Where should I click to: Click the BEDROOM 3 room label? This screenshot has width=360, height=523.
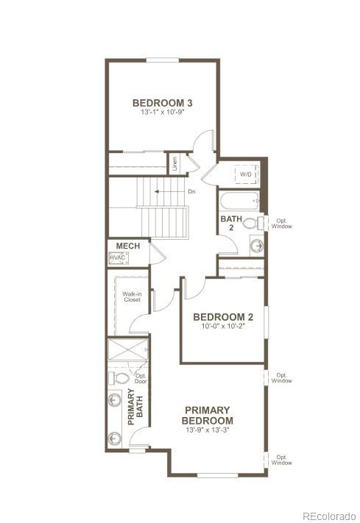162,103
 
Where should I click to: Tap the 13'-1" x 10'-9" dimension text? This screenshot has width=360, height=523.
162,113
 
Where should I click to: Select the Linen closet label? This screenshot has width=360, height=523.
174,164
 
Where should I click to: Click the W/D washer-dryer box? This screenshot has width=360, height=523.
245,175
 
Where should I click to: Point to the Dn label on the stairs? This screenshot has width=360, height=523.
191,192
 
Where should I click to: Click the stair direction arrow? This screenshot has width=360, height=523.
168,192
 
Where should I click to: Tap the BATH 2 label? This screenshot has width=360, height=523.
227,223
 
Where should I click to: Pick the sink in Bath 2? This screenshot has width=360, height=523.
255,246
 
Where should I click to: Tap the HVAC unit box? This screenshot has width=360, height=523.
118,258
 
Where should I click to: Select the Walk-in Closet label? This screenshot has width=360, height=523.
132,296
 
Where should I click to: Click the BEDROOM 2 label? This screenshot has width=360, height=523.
223,317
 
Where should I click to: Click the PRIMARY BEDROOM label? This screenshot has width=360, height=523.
208,415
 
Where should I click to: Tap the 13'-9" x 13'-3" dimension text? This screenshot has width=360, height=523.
208,430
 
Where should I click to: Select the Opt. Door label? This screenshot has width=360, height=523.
141,378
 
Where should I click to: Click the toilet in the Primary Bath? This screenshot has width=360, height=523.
119,378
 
